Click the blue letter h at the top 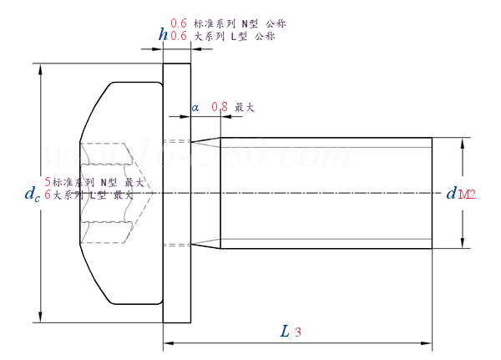coord(163,34)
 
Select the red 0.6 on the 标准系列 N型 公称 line coord(178,23)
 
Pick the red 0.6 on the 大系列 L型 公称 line coord(178,36)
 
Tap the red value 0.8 coord(220,107)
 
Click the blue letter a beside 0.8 coord(195,108)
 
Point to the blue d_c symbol coord(32,194)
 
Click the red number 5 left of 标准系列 coord(48,181)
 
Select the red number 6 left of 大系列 coord(48,194)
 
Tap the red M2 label coord(467,195)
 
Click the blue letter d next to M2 coord(451,194)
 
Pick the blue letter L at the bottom coord(285,332)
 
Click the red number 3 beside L coord(298,332)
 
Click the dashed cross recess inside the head coord(107,193)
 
